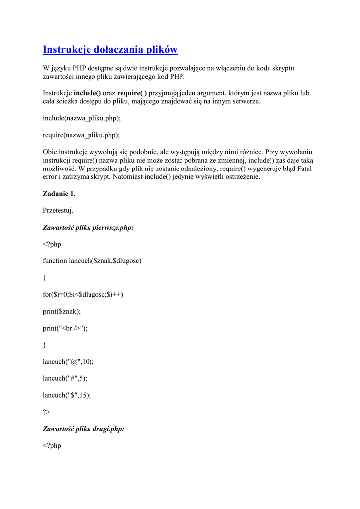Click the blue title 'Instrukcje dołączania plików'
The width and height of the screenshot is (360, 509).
tap(110, 50)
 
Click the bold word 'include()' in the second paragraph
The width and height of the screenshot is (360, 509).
tap(87, 93)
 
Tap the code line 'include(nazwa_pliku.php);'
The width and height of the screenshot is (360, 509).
tap(82, 118)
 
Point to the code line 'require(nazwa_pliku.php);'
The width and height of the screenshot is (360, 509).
tap(82, 135)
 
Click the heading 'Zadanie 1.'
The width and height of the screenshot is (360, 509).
tap(59, 193)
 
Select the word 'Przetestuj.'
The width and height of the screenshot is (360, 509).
tap(58, 210)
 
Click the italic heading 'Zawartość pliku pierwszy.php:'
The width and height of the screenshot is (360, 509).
tap(88, 227)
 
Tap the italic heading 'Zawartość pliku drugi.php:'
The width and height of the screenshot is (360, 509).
tap(84, 428)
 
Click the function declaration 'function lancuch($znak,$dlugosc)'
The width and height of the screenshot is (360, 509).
tap(92, 260)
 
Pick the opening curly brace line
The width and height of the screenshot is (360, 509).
tap(45, 278)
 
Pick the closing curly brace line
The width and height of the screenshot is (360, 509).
tap(45, 345)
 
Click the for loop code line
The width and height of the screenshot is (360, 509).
tap(83, 294)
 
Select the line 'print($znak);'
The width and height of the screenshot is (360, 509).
tap(62, 311)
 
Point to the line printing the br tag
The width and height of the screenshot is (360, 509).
tap(65, 328)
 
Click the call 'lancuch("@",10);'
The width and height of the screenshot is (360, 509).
tap(68, 361)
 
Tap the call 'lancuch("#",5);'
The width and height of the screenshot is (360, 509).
tap(65, 378)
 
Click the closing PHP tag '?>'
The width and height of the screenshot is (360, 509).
tap(47, 412)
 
